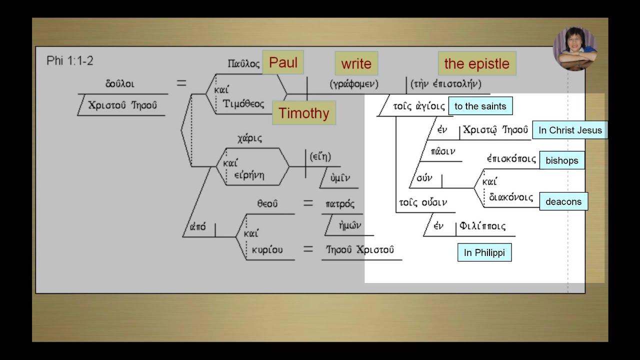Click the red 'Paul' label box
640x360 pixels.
pyautogui.click(x=283, y=62)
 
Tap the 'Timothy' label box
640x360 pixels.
pyautogui.click(x=304, y=113)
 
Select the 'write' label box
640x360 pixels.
pyautogui.click(x=356, y=63)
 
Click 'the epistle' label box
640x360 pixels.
pyautogui.click(x=477, y=63)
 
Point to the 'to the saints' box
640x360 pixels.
pyautogui.click(x=480, y=106)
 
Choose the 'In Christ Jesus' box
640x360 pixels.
pyautogui.click(x=570, y=130)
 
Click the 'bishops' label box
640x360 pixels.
pyautogui.click(x=562, y=160)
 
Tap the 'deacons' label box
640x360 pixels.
pyautogui.click(x=563, y=201)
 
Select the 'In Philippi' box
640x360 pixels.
pyautogui.click(x=484, y=252)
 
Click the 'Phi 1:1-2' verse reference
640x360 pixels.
pyautogui.click(x=69, y=61)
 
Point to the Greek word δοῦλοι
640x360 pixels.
pyautogui.click(x=119, y=83)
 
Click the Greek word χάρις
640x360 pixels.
pyautogui.click(x=249, y=138)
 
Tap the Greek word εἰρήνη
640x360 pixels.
pyautogui.click(x=249, y=175)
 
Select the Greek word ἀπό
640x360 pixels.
pyautogui.click(x=197, y=227)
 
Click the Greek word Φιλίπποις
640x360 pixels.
pyautogui.click(x=482, y=226)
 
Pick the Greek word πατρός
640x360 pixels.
pyautogui.click(x=340, y=203)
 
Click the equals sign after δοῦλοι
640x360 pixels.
pyautogui.click(x=181, y=83)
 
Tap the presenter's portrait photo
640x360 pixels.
pyautogui.click(x=575, y=48)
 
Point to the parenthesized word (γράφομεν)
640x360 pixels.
pyautogui.click(x=354, y=83)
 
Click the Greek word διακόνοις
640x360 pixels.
pyautogui.click(x=511, y=197)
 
